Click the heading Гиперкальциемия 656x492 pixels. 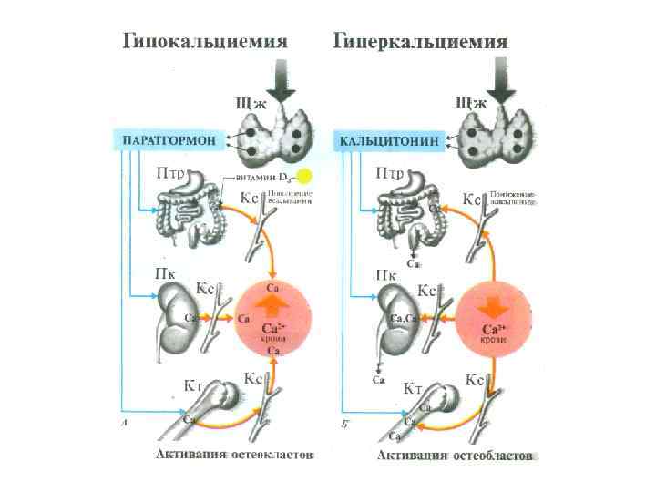coord(420,42)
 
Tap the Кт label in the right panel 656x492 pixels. coord(413,388)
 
